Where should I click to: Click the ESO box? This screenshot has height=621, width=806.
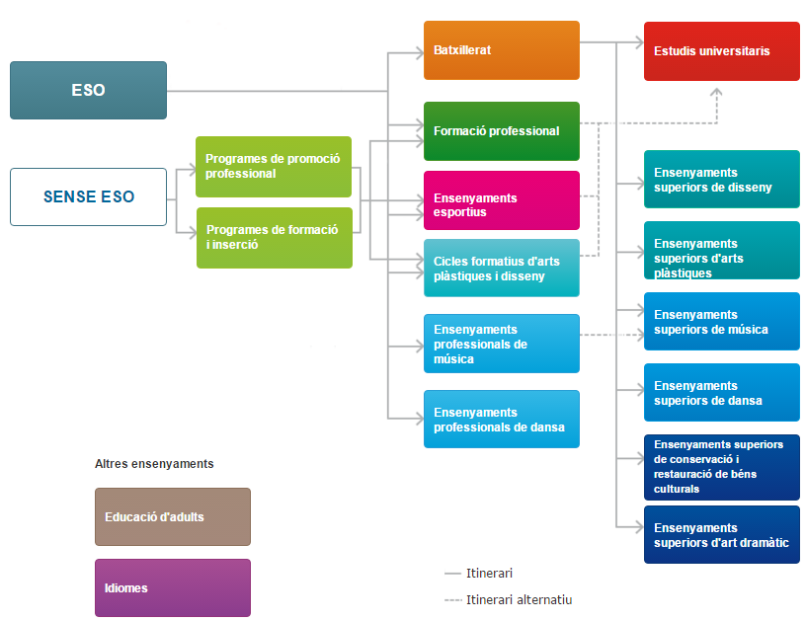[x=88, y=90]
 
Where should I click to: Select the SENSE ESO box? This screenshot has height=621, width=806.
[x=88, y=196]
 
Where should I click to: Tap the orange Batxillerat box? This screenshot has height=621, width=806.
[x=501, y=50]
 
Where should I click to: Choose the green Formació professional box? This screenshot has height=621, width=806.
[x=501, y=131]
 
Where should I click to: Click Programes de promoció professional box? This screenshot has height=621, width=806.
[x=274, y=167]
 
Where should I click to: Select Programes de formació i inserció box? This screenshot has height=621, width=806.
[x=274, y=238]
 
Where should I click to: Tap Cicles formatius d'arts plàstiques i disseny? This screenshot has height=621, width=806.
[x=501, y=269]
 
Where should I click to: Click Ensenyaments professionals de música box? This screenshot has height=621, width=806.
[x=501, y=344]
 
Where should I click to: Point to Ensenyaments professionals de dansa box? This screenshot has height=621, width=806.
[x=501, y=420]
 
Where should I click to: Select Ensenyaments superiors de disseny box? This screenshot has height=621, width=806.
[x=721, y=180]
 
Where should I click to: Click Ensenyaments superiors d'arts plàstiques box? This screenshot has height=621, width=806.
[x=721, y=251]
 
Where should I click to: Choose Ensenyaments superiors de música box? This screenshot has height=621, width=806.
[x=721, y=322]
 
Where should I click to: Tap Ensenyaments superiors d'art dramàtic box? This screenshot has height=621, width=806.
[x=721, y=535]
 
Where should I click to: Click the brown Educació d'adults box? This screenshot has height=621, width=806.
[x=173, y=516]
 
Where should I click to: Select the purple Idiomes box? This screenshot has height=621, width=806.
[x=173, y=587]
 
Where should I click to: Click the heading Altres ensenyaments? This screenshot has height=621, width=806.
[x=154, y=463]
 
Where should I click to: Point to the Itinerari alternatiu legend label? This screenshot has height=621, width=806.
[x=519, y=599]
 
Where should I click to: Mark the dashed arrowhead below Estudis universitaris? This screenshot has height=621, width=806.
[x=717, y=92]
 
